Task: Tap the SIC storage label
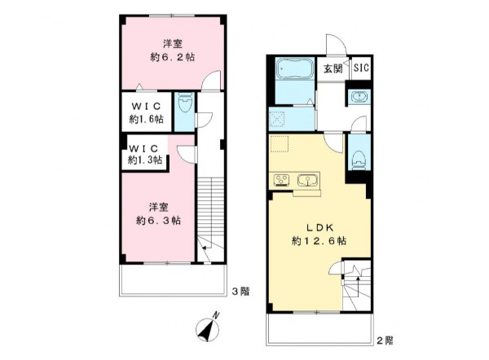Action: coord(361,68)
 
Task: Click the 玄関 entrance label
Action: coord(333,68)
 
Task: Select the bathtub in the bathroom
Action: coord(294,68)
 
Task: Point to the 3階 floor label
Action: coord(240,292)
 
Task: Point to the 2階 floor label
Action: coord(385,340)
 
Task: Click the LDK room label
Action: coord(319,227)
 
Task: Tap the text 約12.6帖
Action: coord(319,241)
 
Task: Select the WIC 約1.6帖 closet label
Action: coord(146,112)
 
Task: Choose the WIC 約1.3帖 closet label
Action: coord(145,154)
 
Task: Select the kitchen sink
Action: coord(307,180)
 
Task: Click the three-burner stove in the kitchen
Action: coord(282,181)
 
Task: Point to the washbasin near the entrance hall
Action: coord(359,96)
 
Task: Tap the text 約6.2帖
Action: coord(173,57)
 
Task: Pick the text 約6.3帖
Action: coord(158,221)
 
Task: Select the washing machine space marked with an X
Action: coord(277,120)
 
